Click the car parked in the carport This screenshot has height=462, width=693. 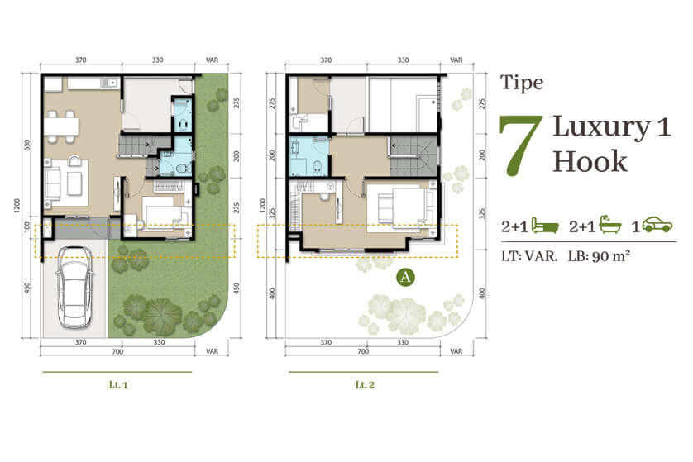pyautogui.click(x=74, y=287)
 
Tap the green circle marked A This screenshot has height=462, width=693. pyautogui.click(x=405, y=278)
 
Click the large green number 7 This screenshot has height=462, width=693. pyautogui.click(x=521, y=145)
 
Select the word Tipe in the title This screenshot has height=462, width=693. pyautogui.click(x=522, y=83)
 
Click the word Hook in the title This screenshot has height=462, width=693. pyautogui.click(x=590, y=161)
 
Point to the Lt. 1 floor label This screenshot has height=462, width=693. pyautogui.click(x=118, y=385)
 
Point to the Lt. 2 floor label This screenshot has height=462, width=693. pyautogui.click(x=365, y=385)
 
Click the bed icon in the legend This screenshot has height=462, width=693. pyautogui.click(x=545, y=226)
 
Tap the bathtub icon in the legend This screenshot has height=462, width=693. pyautogui.click(x=610, y=224)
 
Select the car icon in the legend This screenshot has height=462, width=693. pyautogui.click(x=657, y=225)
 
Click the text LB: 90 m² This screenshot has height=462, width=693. pyautogui.click(x=600, y=255)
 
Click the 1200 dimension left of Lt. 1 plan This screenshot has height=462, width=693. pyautogui.click(x=17, y=206)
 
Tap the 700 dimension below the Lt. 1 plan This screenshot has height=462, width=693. pyautogui.click(x=117, y=351)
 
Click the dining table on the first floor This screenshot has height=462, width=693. pyautogui.click(x=61, y=126)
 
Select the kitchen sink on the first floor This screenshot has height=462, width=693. pyautogui.click(x=108, y=83)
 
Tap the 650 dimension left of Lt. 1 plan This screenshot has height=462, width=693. pyautogui.click(x=27, y=145)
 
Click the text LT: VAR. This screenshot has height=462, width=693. pyautogui.click(x=529, y=255)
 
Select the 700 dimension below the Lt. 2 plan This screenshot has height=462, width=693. pyautogui.click(x=363, y=351)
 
